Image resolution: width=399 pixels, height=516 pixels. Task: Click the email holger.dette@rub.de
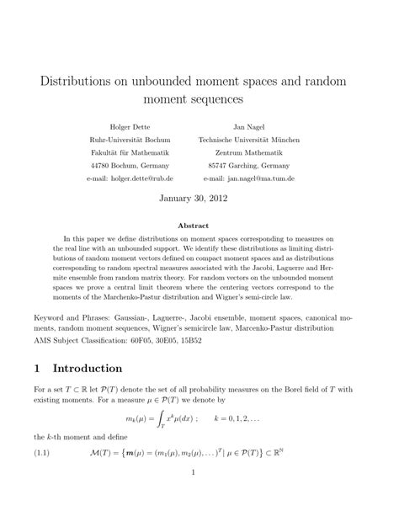[x=144, y=178]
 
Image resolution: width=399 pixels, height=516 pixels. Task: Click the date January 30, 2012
[x=199, y=202]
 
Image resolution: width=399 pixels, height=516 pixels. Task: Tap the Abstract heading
[x=199, y=226]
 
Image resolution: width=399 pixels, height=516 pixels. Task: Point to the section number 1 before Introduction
[x=37, y=368]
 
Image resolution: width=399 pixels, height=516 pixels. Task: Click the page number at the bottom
[x=199, y=496]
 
